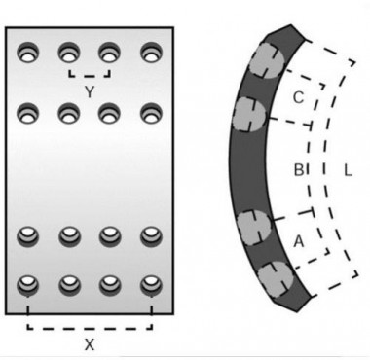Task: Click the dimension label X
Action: (x=88, y=343)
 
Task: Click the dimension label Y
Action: (x=89, y=92)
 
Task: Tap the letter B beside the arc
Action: (x=299, y=171)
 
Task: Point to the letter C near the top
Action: (x=298, y=97)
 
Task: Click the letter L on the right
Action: (x=348, y=171)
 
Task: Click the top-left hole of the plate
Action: (x=27, y=50)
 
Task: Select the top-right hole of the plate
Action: (x=150, y=50)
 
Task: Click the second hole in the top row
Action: (x=68, y=50)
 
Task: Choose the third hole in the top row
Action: (x=109, y=50)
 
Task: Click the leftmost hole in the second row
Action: (x=27, y=113)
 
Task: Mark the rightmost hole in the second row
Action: (x=150, y=113)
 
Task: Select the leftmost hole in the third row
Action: (x=27, y=236)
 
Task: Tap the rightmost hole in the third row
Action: (x=150, y=236)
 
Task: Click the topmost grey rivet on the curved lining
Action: (x=265, y=60)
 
